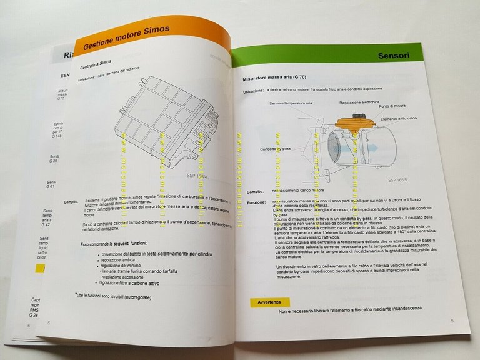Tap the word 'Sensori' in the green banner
tap(394, 56)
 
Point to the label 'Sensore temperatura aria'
tap(291, 102)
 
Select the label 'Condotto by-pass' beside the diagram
tap(278, 149)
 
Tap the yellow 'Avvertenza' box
tap(270, 302)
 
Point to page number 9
tap(451, 321)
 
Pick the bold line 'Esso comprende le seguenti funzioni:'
tap(116, 244)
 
